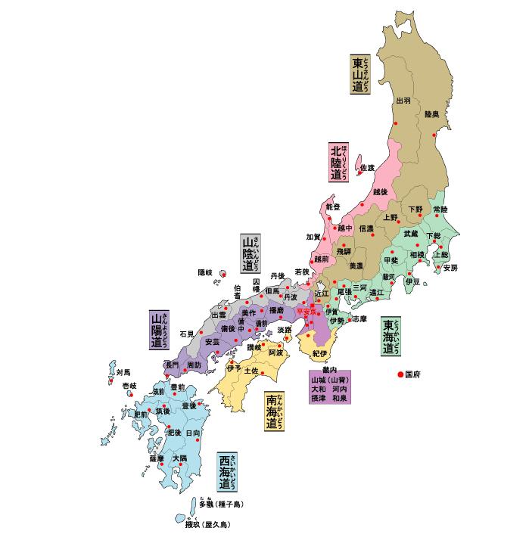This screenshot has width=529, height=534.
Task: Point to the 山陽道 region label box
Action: click(x=158, y=330)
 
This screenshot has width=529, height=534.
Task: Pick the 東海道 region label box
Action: click(x=391, y=336)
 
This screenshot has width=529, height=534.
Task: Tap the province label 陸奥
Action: click(x=431, y=114)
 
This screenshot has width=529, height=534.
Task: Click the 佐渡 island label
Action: click(x=367, y=167)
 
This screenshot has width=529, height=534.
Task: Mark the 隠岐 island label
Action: click(x=205, y=272)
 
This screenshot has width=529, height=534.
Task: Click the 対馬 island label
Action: click(x=123, y=372)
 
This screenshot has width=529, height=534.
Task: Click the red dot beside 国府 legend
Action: click(x=400, y=374)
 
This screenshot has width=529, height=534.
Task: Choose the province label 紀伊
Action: click(x=319, y=354)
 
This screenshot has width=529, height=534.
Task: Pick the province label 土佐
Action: click(x=251, y=371)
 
